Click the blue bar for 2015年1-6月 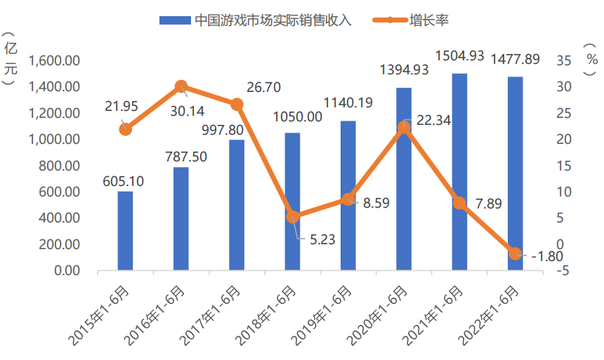[125, 231]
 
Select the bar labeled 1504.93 [459, 172]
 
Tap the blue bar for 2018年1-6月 [292, 202]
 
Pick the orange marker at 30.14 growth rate [181, 87]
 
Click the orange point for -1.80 [515, 253]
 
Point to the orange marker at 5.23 [292, 217]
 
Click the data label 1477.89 [515, 59]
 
